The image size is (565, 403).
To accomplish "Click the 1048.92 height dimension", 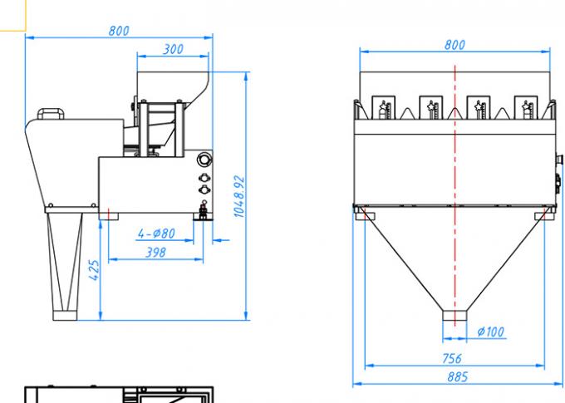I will (x=238, y=196).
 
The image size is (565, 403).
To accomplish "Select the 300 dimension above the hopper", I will (x=173, y=50).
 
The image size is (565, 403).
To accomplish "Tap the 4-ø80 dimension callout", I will (x=156, y=233).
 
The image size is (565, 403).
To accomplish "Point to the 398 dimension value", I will (x=155, y=253).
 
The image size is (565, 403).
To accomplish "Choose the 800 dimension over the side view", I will (x=119, y=31).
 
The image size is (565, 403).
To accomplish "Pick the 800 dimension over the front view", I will (x=454, y=45).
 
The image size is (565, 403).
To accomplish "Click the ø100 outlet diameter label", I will (x=490, y=332).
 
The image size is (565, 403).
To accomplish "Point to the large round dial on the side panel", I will (x=204, y=160).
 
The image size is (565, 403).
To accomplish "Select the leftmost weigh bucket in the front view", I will (x=384, y=108).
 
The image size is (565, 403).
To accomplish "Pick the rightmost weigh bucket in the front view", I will (x=526, y=108).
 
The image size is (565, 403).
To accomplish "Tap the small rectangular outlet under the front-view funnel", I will (x=454, y=315).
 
